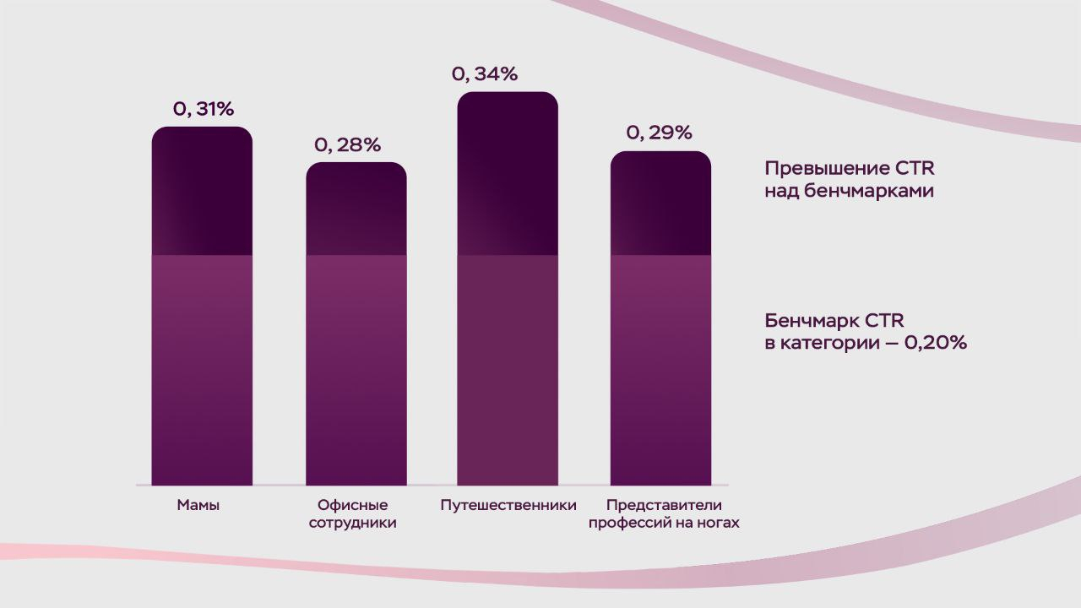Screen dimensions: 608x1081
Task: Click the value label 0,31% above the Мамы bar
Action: point(204,109)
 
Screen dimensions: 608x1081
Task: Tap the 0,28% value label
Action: point(348,144)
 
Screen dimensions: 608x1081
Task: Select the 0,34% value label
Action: point(485,74)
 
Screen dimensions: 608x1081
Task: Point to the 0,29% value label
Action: point(660,133)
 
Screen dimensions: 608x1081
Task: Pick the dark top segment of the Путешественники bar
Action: point(508,173)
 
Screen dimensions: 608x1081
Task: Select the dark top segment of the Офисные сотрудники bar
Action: point(356,209)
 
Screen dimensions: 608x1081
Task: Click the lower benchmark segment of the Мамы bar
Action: point(203,370)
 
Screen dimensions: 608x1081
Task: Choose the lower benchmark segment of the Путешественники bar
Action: point(508,370)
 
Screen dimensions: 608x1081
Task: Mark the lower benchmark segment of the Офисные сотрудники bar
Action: point(356,370)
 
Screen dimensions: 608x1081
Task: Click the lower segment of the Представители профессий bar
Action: point(660,370)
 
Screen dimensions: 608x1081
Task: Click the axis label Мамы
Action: point(198,506)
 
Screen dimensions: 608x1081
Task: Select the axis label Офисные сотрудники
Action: point(353,514)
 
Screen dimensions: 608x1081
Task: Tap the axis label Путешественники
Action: point(508,506)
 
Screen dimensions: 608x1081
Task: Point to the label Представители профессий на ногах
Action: point(664,514)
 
